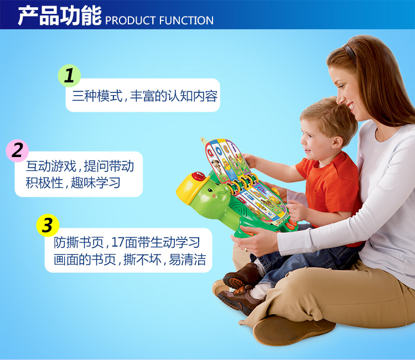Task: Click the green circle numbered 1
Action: point(69,76)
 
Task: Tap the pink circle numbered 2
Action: point(18,150)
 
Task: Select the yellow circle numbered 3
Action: point(48,226)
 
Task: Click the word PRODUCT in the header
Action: point(130,20)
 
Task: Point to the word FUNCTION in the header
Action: point(186,20)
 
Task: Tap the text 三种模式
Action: point(97,96)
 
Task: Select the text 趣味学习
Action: point(96,182)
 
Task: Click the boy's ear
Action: point(337,143)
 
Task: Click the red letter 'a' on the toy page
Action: point(211,153)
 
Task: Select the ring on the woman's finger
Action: point(246,249)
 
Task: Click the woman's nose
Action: point(340,99)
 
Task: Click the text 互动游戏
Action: point(51,166)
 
